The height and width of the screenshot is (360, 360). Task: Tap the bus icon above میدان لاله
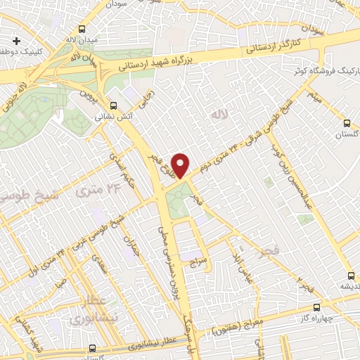pyautogui.click(x=83, y=30)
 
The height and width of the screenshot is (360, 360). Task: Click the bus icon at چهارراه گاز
pyautogui.click(x=316, y=307)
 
